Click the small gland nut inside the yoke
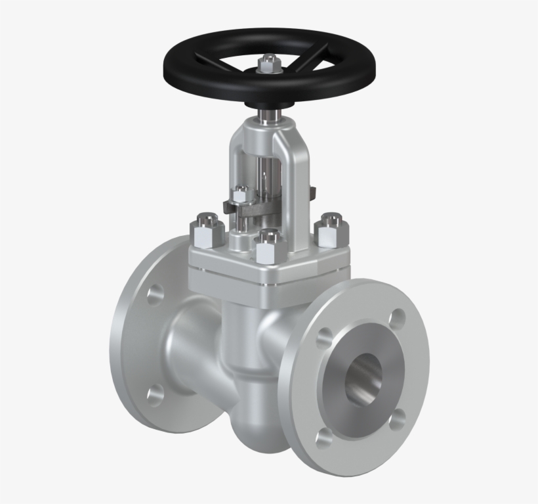click(x=241, y=196)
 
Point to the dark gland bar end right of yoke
click(x=313, y=193)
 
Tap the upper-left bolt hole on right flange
click(x=323, y=338)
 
